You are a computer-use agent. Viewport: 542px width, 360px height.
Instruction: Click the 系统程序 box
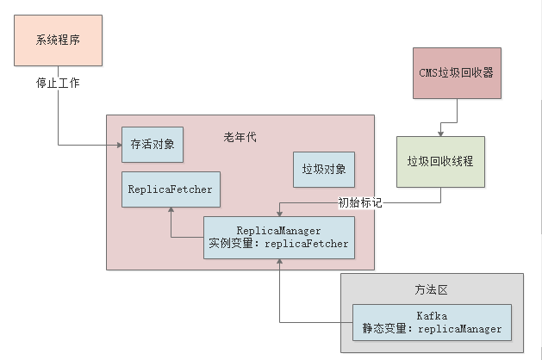click(59, 40)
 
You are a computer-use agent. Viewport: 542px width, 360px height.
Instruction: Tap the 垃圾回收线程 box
click(440, 161)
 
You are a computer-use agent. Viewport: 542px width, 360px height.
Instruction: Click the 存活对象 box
click(153, 144)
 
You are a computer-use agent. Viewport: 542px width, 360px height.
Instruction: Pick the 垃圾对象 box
click(324, 169)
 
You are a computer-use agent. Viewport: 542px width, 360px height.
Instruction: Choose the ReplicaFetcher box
click(170, 189)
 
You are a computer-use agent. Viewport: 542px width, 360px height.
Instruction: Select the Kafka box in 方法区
click(432, 322)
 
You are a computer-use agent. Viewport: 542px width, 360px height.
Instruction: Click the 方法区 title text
click(431, 290)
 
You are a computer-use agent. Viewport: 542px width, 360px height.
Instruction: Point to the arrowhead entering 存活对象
click(117, 144)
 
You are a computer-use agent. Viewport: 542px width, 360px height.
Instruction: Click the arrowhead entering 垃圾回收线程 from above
click(440, 133)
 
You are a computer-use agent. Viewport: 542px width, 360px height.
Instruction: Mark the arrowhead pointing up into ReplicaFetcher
click(170, 211)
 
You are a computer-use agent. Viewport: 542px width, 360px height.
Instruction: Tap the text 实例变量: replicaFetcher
click(278, 244)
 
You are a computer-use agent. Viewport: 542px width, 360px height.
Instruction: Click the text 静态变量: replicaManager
click(432, 329)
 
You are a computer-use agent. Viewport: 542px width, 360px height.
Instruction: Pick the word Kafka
click(431, 316)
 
